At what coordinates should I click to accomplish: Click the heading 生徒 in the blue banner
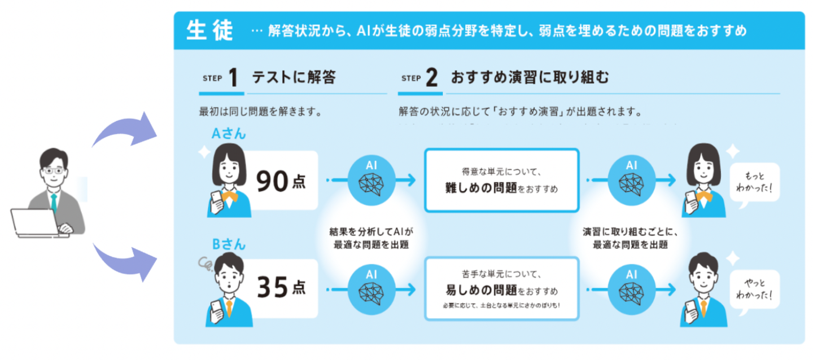tap(209, 31)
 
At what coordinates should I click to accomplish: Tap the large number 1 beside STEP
tap(233, 78)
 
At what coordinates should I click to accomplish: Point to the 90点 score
tap(281, 181)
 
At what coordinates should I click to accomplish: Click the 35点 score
tap(281, 287)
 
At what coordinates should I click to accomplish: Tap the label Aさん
tap(228, 134)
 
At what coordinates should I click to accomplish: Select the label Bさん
tap(228, 244)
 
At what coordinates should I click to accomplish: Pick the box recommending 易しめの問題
tap(501, 288)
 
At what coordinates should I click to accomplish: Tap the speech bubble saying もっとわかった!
tap(754, 182)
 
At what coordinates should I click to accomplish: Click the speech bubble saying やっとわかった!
tap(754, 288)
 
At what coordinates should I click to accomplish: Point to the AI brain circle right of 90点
tap(371, 180)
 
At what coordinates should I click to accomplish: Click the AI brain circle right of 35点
tap(371, 287)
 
